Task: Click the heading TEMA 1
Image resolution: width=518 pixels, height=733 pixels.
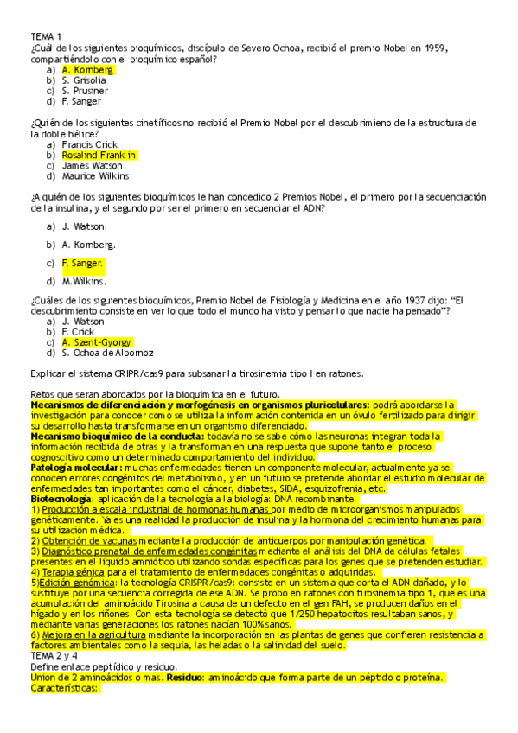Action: click(46, 36)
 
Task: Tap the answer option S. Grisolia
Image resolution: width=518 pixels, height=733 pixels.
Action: click(84, 80)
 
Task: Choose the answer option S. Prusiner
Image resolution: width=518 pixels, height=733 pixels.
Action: click(85, 91)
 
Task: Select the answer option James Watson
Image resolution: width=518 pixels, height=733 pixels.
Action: click(91, 165)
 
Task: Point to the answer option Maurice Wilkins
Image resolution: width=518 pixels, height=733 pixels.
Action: click(94, 175)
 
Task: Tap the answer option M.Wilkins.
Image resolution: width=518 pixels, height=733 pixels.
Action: click(84, 281)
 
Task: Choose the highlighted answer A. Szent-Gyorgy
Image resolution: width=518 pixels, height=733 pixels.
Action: click(97, 341)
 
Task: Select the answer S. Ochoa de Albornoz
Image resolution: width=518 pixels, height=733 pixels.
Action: click(108, 353)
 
